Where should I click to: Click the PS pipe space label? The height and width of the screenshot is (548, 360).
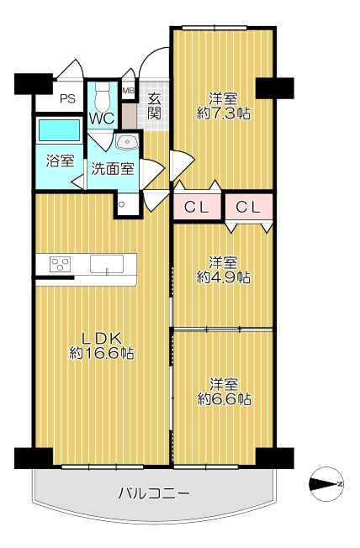[x=68, y=99]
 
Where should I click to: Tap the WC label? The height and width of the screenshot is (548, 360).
[x=103, y=118]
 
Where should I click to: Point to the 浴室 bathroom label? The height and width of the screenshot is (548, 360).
[x=60, y=161]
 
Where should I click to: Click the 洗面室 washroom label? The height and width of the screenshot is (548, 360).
[x=113, y=167]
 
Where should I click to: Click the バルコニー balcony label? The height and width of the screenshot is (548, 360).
[x=153, y=493]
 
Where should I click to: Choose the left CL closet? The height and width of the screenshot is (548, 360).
[x=197, y=207]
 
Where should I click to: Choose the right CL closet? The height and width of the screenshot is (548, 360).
[x=247, y=207]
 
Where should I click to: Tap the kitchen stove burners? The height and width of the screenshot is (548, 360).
[x=60, y=264]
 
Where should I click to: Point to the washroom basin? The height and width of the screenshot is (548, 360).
[x=128, y=142]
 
